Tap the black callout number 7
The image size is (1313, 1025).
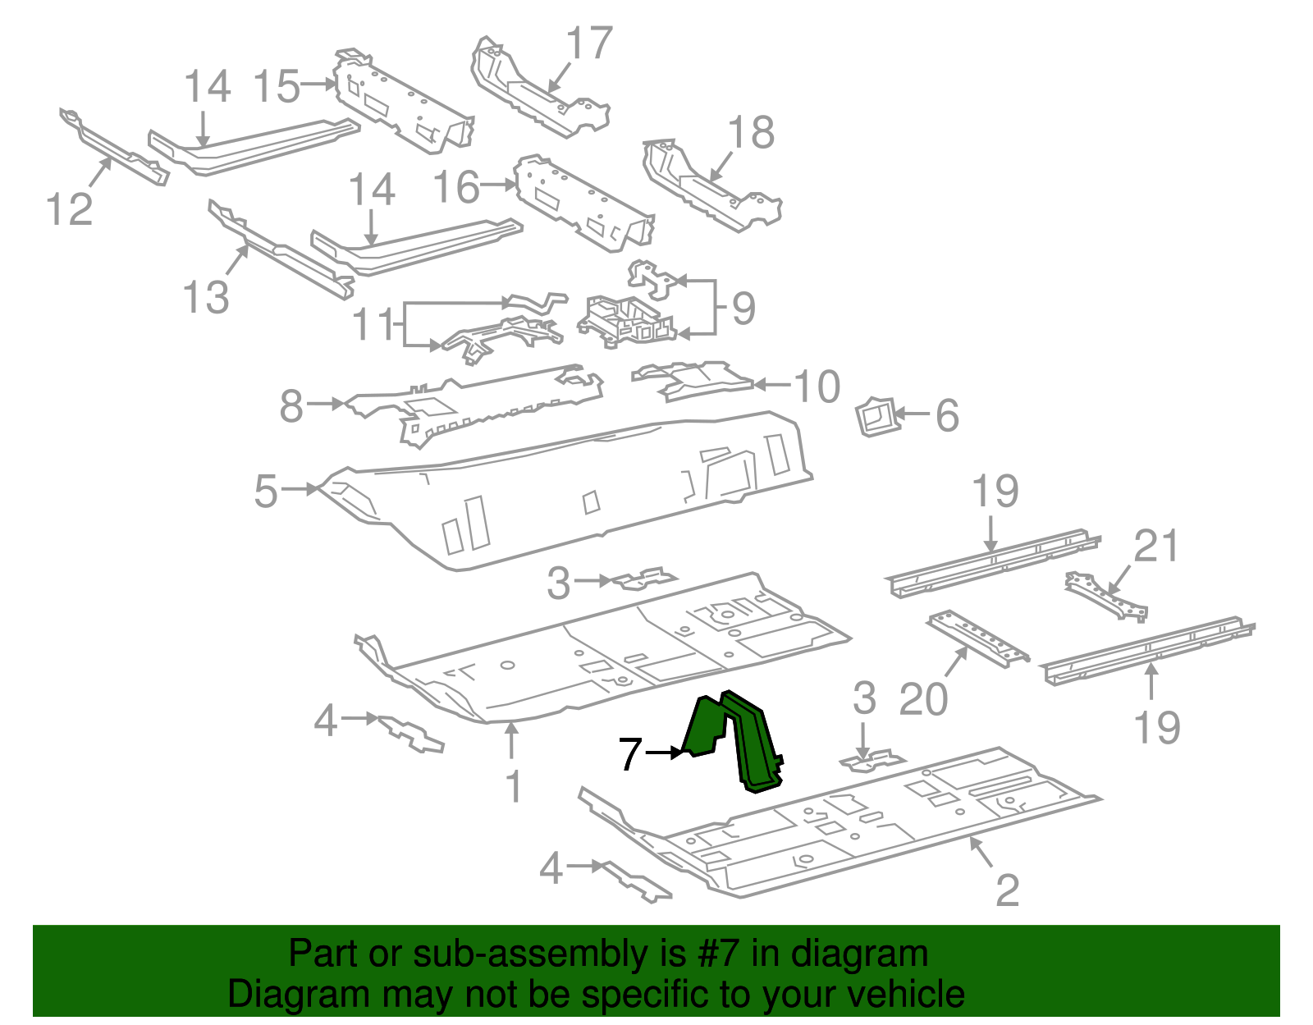coord(629,753)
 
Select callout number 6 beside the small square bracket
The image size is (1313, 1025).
coord(947,416)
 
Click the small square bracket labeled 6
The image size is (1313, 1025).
coord(876,416)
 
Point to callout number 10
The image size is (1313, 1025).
coord(817,387)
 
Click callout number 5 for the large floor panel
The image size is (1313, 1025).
coord(266,492)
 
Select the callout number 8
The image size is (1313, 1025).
coord(291,405)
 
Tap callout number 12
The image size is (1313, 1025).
coord(69,208)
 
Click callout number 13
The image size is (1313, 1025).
coord(205,296)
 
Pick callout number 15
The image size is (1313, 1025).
coord(277,86)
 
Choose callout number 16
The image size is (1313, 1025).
coord(456,187)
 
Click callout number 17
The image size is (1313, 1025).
coord(589,43)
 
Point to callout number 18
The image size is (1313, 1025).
coord(750,132)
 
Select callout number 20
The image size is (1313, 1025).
coord(923,699)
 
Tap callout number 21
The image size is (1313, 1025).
coord(1155,547)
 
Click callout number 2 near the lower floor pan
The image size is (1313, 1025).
coord(1006,890)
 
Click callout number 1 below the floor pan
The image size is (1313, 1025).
coord(513,786)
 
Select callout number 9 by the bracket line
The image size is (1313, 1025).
coord(742,309)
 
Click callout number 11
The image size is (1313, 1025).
coord(374,325)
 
